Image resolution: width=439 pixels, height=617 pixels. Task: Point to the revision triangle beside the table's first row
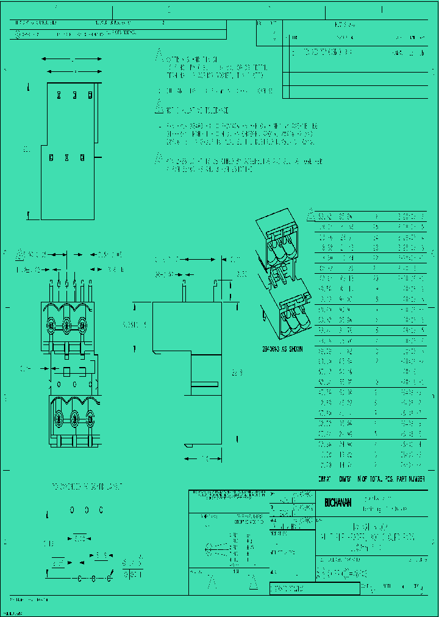(311, 215)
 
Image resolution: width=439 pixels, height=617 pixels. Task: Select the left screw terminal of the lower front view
(59, 419)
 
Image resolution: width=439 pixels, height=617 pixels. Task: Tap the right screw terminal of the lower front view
(90, 419)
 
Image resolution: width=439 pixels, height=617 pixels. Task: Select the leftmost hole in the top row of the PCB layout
(72, 510)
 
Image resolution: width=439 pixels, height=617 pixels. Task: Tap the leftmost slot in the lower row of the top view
(52, 158)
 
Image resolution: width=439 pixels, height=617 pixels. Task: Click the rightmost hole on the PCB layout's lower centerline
(110, 576)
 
